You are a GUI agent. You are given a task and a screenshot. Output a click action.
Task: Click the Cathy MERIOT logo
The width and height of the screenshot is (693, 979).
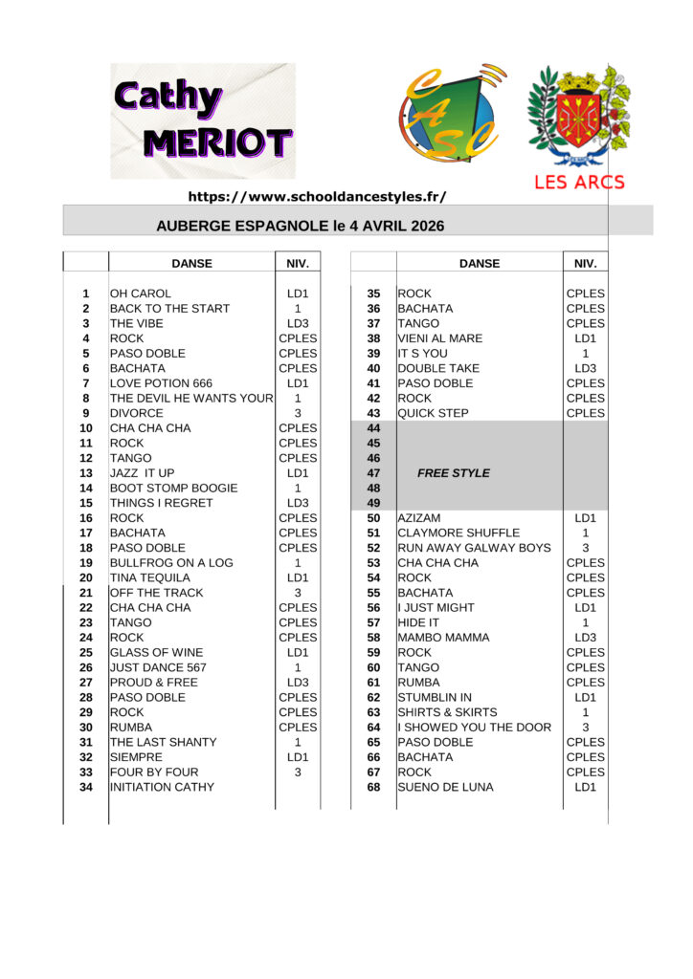[x=203, y=121]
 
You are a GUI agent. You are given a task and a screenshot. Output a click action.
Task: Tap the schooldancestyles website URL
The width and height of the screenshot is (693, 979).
[x=317, y=196]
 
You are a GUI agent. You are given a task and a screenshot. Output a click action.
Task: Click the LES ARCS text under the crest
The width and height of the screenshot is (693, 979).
[x=579, y=182]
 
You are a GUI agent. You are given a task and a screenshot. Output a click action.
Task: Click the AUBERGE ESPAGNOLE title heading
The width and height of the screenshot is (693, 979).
[x=300, y=227]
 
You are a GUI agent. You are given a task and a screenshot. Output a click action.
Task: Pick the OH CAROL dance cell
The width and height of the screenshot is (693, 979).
[x=141, y=294]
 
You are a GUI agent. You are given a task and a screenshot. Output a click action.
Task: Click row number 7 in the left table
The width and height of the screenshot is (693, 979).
[x=86, y=383]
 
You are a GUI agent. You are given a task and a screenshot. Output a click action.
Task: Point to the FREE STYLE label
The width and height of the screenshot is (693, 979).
[x=453, y=473]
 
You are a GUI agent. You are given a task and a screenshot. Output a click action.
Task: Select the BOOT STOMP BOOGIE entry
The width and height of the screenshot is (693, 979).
[x=173, y=489]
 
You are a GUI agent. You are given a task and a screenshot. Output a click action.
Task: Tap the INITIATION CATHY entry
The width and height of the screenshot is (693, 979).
[x=162, y=787]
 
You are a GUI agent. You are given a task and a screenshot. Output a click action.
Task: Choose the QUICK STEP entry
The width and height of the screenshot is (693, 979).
[x=433, y=413]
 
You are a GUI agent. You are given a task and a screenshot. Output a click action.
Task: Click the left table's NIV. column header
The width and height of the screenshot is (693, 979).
[x=298, y=264]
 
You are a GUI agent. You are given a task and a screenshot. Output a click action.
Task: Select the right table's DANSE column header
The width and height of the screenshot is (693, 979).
[x=479, y=264]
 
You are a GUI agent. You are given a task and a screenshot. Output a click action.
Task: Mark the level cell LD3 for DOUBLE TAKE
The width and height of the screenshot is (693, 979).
[x=585, y=368]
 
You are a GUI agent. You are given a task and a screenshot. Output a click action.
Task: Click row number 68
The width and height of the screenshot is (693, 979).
[x=373, y=787]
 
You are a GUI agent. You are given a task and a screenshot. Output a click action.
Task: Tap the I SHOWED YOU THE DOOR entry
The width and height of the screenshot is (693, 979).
[x=474, y=728]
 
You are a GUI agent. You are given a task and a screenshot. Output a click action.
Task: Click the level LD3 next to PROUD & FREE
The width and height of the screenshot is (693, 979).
[x=298, y=683]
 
